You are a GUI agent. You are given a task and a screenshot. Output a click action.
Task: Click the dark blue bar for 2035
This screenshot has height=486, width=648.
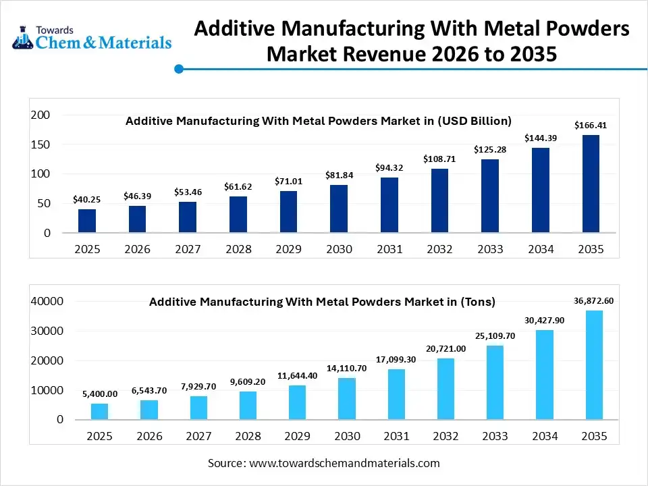point(591,184)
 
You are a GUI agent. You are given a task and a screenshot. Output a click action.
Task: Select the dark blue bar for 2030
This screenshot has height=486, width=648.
point(339,209)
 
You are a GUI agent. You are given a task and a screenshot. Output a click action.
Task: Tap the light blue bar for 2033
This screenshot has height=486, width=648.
point(495,382)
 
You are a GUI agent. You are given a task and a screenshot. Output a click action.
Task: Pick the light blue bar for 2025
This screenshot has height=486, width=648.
point(99,411)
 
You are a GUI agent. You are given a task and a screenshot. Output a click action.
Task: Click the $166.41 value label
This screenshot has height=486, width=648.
point(590,125)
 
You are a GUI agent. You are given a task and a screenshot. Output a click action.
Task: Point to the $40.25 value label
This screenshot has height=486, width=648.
point(86,200)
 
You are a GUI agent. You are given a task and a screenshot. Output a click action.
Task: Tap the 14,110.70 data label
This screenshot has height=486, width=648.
point(346,369)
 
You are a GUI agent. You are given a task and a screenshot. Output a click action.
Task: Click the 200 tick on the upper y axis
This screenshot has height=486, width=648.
point(41,115)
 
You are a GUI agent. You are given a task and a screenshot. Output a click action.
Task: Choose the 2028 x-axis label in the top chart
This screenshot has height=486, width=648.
point(238,249)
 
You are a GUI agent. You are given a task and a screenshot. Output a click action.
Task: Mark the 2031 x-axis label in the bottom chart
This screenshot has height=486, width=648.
point(396,437)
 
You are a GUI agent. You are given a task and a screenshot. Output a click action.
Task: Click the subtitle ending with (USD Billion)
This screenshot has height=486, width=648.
point(319,121)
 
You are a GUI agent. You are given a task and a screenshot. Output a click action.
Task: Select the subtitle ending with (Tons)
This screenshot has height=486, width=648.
point(322,302)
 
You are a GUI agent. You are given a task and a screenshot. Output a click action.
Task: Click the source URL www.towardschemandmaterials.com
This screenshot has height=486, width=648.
point(344,463)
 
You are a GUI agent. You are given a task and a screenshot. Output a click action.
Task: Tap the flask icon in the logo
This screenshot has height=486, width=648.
point(23,40)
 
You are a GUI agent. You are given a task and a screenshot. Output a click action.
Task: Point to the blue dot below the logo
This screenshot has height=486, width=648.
point(179,69)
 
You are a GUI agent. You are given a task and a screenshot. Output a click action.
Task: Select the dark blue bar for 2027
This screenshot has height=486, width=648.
point(188,217)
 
